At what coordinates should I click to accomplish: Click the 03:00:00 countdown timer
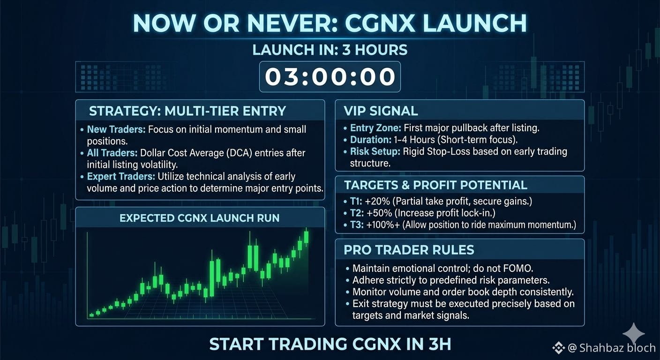click(x=330, y=76)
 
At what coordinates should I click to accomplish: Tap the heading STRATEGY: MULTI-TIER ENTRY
click(x=187, y=111)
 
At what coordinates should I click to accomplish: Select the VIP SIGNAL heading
click(x=381, y=111)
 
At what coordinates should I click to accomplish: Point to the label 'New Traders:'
click(x=116, y=129)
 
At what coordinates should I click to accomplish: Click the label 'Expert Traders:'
click(x=121, y=176)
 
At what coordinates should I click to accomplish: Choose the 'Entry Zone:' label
click(x=375, y=128)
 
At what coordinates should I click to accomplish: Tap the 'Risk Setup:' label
click(x=375, y=151)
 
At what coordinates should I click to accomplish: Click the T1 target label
click(x=356, y=201)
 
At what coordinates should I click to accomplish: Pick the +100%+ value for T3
click(x=383, y=225)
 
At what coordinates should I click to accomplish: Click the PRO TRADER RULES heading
click(x=409, y=250)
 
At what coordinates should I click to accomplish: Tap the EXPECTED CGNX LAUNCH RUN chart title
click(x=200, y=218)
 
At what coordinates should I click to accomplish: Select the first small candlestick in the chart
click(x=91, y=315)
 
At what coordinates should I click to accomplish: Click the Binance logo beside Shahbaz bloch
click(x=558, y=348)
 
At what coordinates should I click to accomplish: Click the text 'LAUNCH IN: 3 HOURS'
click(x=330, y=50)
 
